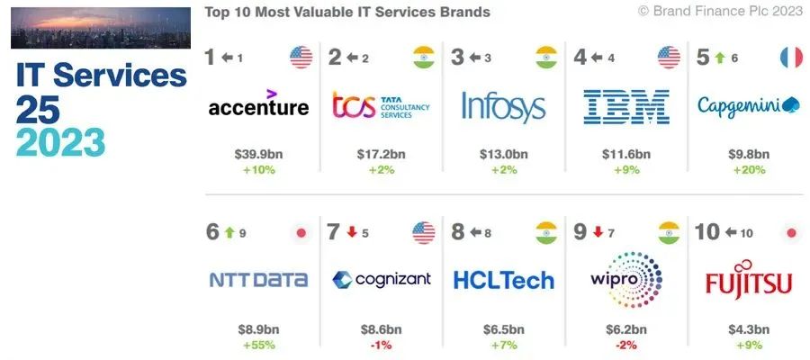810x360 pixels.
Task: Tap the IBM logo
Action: pyautogui.click(x=626, y=107)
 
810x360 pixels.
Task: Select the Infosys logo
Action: pyautogui.click(x=504, y=107)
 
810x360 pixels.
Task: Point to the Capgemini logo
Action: pyautogui.click(x=749, y=105)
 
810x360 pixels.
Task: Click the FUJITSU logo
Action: pyautogui.click(x=749, y=279)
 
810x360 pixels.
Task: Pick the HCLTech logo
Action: pyautogui.click(x=504, y=281)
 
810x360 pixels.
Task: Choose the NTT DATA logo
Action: pyautogui.click(x=258, y=280)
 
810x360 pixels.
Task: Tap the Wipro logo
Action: pyautogui.click(x=626, y=280)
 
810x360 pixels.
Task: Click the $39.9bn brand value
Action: pyautogui.click(x=258, y=154)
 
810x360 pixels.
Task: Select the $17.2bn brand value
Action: pyautogui.click(x=382, y=154)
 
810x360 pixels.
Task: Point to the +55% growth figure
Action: pyautogui.click(x=258, y=345)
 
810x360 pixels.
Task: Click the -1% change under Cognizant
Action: pyautogui.click(x=381, y=345)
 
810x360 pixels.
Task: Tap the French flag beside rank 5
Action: pyautogui.click(x=791, y=58)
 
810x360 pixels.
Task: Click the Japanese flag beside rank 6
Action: pyautogui.click(x=301, y=233)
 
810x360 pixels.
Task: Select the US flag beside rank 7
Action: pyautogui.click(x=424, y=233)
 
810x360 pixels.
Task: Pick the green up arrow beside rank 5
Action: pyautogui.click(x=720, y=58)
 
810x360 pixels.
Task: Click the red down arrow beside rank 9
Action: pyautogui.click(x=598, y=232)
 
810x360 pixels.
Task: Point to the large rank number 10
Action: pyautogui.click(x=707, y=232)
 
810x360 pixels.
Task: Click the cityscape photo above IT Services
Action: pyautogui.click(x=101, y=28)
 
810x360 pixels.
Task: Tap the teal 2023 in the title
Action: pyautogui.click(x=60, y=142)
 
